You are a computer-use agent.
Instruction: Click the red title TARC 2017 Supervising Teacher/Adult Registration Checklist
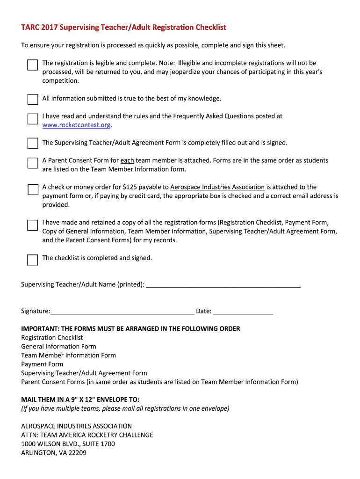[123, 27]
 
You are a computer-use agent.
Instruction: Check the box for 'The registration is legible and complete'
[32, 65]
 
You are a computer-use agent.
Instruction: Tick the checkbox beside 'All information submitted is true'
[32, 99]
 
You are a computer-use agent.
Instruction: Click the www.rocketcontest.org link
[77, 125]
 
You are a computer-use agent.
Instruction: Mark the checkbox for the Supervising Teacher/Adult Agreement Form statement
[32, 143]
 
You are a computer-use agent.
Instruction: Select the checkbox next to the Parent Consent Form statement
[32, 163]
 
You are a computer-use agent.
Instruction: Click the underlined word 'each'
[127, 160]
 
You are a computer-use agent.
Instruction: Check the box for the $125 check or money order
[32, 189]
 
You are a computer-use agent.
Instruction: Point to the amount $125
[130, 187]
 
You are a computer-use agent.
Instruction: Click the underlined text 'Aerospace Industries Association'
[217, 187]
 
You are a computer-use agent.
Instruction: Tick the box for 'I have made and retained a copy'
[32, 225]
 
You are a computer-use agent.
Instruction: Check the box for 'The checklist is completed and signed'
[32, 260]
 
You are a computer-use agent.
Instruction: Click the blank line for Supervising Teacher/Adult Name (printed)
[223, 285]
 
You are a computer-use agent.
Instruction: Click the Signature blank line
[122, 312]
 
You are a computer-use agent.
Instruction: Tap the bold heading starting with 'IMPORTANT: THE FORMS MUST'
[130, 329]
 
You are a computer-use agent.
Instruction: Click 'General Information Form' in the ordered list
[58, 347]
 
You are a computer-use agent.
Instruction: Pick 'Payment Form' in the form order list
[42, 364]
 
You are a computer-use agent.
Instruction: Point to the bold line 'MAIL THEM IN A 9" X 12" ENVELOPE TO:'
[80, 399]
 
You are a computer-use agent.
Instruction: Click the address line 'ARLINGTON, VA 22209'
[54, 453]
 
